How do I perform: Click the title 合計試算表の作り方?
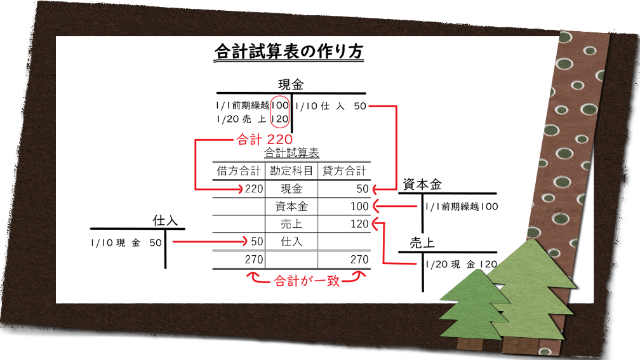click(x=289, y=51)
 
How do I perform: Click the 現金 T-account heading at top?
click(x=291, y=84)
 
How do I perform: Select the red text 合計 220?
click(x=265, y=140)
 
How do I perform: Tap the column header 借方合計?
click(x=239, y=171)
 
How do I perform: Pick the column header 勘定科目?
click(x=291, y=171)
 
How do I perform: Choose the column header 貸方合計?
click(x=344, y=171)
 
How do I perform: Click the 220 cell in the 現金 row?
click(x=254, y=189)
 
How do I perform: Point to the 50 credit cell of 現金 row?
click(x=363, y=189)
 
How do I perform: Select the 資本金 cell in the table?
click(x=291, y=206)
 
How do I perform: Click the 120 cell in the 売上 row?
click(x=359, y=224)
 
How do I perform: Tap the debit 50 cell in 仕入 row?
click(x=257, y=242)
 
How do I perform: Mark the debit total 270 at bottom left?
click(x=254, y=260)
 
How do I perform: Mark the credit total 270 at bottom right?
click(x=359, y=260)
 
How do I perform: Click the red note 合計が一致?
click(x=307, y=281)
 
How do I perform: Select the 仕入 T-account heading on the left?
click(x=165, y=221)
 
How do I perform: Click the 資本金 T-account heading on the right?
click(x=422, y=185)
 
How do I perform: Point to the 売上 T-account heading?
click(x=422, y=243)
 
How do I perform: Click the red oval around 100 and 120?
click(x=280, y=112)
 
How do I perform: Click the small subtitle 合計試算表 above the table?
click(x=291, y=153)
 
